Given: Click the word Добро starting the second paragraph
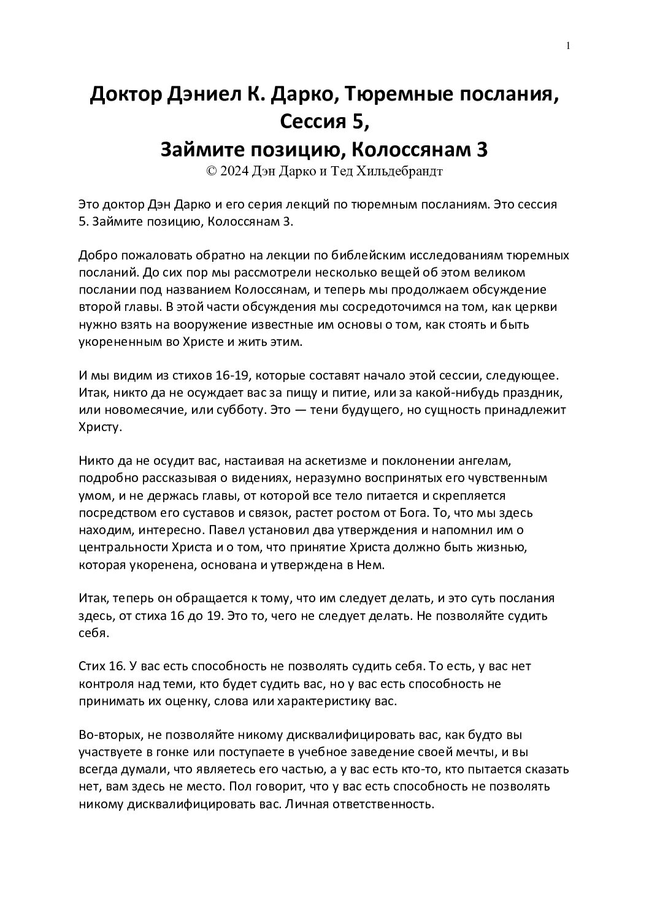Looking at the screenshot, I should click(96, 255).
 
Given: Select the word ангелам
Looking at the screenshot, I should click(481, 459).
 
